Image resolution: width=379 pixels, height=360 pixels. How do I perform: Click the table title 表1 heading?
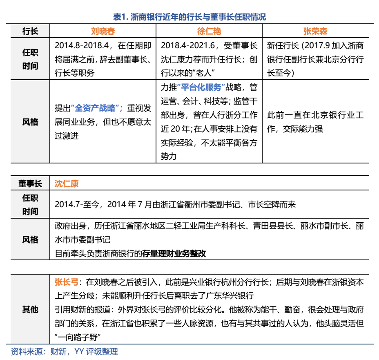pos(189,17)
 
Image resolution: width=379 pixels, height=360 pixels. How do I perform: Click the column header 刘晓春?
pos(102,31)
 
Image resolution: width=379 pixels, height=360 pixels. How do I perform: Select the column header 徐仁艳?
pos(209,31)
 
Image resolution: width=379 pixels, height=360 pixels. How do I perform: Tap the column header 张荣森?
pos(315,31)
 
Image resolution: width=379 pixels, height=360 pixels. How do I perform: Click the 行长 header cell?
pos(30,31)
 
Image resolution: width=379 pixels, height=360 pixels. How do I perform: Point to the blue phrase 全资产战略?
pos(95,108)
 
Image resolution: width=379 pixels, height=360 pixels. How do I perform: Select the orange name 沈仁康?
pos(67,183)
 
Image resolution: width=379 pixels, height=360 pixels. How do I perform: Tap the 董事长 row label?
pos(30,183)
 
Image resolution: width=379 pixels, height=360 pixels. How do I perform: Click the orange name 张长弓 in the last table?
pos(67,282)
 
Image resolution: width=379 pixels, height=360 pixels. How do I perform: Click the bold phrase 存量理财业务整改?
pos(174,253)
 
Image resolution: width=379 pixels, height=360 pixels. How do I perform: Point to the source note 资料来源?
pos(27,351)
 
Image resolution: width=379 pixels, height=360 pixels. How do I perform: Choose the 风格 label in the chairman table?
pos(30,239)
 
